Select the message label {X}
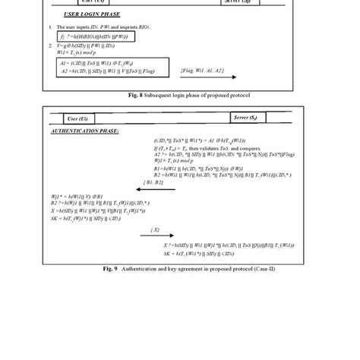pyautogui.click(x=155, y=229)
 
